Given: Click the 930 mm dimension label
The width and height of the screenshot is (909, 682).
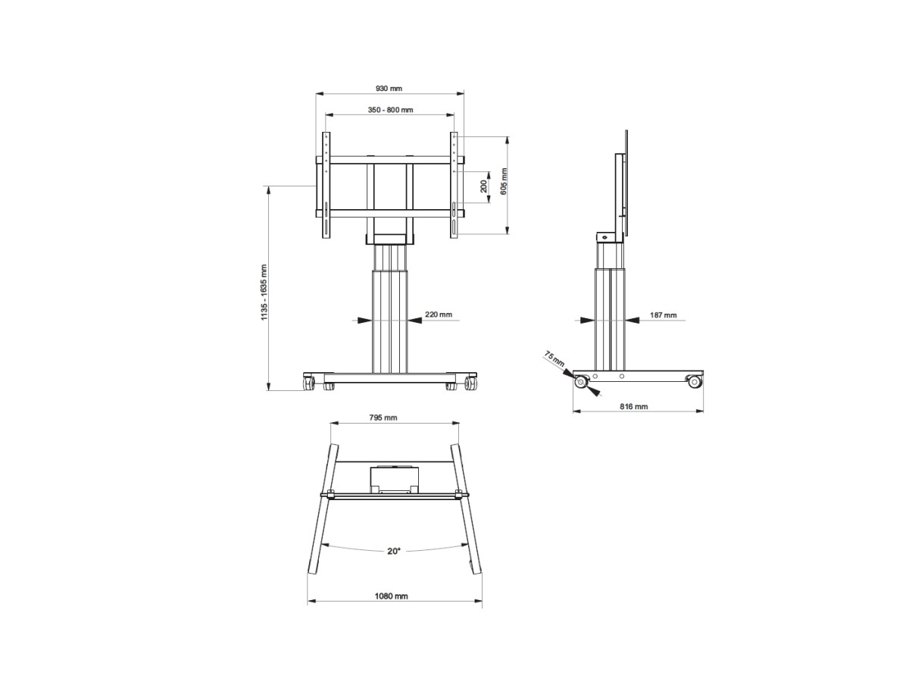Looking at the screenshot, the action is click(389, 88).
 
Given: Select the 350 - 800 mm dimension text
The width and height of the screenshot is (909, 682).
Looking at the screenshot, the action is click(390, 110).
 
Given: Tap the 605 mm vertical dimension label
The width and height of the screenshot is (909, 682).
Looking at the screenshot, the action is click(504, 181).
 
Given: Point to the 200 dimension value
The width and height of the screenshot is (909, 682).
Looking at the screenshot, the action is click(483, 186).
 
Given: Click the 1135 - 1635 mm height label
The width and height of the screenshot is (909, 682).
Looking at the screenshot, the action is click(264, 292).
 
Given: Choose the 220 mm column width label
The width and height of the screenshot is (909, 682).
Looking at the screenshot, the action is click(438, 314).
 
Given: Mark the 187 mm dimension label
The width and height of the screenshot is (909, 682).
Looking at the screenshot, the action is click(663, 315).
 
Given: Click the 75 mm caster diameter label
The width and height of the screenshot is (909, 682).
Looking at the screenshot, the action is click(554, 358).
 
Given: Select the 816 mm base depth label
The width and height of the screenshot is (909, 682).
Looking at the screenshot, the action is click(633, 406).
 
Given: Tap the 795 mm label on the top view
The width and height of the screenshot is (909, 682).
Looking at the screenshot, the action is click(383, 418).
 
